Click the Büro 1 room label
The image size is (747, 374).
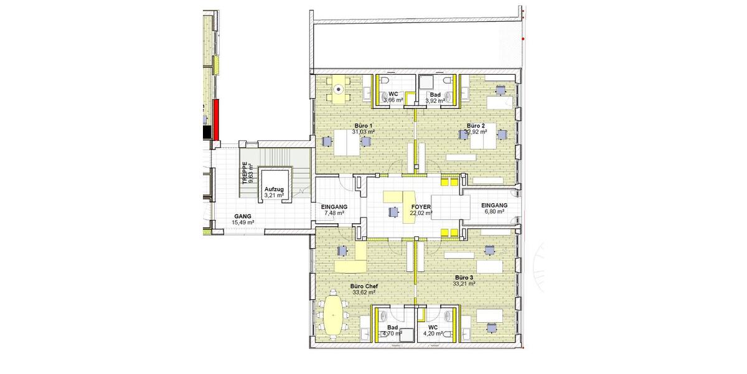pos(362,126)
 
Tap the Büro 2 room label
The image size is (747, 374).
pos(476,126)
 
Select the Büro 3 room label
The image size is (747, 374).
pos(464,277)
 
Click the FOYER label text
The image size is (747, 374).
pos(421,206)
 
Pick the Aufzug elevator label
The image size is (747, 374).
pos(274,189)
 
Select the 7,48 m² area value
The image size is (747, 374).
pos(334,213)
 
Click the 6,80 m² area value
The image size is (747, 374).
pos(494,211)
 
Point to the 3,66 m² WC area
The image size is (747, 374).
pos(393,100)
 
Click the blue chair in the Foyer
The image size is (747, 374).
pos(393,211)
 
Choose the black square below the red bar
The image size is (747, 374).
pos(207,132)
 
